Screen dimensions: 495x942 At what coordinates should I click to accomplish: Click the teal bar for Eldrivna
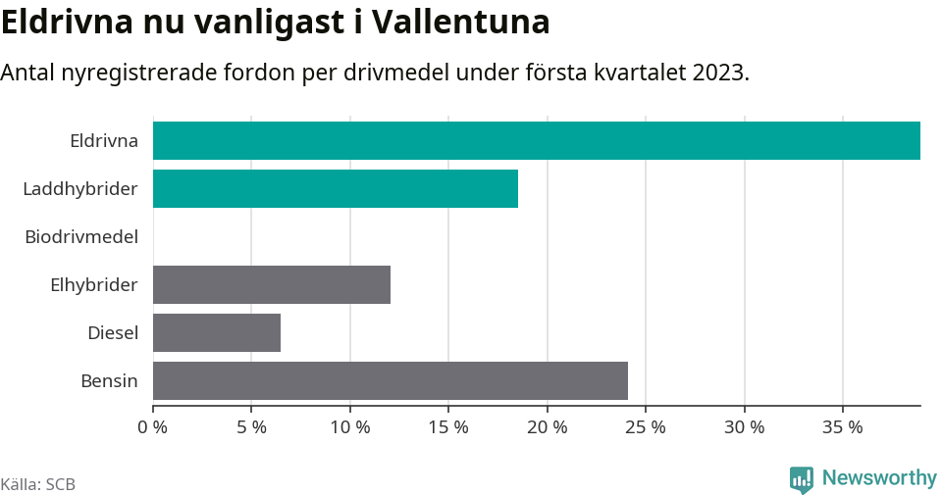[x=536, y=140]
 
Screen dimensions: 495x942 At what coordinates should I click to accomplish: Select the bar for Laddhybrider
[x=335, y=188]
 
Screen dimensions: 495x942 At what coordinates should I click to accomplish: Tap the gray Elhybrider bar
[x=271, y=284]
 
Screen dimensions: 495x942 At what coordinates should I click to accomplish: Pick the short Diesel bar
[x=216, y=332]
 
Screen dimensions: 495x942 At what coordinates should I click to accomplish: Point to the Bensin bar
[x=390, y=380]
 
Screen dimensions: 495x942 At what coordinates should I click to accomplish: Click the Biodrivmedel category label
[x=81, y=236]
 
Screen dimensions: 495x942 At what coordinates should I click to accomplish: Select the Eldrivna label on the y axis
[x=104, y=140]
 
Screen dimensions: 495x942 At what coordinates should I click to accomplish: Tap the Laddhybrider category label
[x=80, y=188]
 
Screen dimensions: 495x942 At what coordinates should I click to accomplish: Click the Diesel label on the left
[x=113, y=332]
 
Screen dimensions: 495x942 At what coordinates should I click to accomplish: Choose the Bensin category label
[x=109, y=380]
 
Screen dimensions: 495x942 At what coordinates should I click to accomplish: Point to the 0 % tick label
[x=153, y=427]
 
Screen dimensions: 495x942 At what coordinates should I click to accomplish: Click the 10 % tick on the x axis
[x=350, y=427]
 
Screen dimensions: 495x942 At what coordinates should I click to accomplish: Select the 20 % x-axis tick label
[x=548, y=427]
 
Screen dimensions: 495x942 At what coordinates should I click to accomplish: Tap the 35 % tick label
[x=843, y=427]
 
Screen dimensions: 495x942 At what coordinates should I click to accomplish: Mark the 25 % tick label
[x=646, y=427]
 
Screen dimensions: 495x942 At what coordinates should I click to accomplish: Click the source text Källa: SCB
[x=38, y=484]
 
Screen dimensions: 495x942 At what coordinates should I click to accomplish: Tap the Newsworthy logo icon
[x=801, y=479]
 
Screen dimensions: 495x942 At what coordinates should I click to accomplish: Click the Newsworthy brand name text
[x=879, y=478]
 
